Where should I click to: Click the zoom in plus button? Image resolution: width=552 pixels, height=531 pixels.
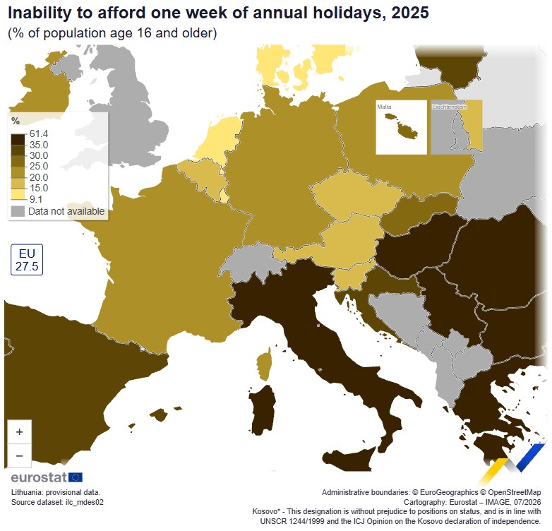click(19, 431)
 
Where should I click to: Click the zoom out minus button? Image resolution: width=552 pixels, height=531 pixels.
click(19, 455)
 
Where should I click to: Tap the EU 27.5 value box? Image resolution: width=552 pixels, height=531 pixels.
click(27, 260)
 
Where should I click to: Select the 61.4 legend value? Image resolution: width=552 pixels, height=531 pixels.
click(39, 133)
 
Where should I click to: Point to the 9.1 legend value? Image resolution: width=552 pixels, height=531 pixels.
click(36, 199)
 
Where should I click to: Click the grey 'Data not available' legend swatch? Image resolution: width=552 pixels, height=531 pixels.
click(18, 211)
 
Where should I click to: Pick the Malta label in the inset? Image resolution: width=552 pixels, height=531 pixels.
click(384, 107)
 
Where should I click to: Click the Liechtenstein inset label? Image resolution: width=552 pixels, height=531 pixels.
click(450, 107)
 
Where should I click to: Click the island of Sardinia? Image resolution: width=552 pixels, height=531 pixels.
click(263, 410)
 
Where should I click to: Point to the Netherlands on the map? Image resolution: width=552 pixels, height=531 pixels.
click(219, 138)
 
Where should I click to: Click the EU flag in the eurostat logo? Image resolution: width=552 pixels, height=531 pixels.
click(76, 477)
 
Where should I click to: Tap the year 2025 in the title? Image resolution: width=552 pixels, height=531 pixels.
click(410, 13)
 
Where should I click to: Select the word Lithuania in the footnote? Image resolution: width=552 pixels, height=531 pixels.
click(26, 492)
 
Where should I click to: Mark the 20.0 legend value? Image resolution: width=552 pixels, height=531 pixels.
click(39, 177)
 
